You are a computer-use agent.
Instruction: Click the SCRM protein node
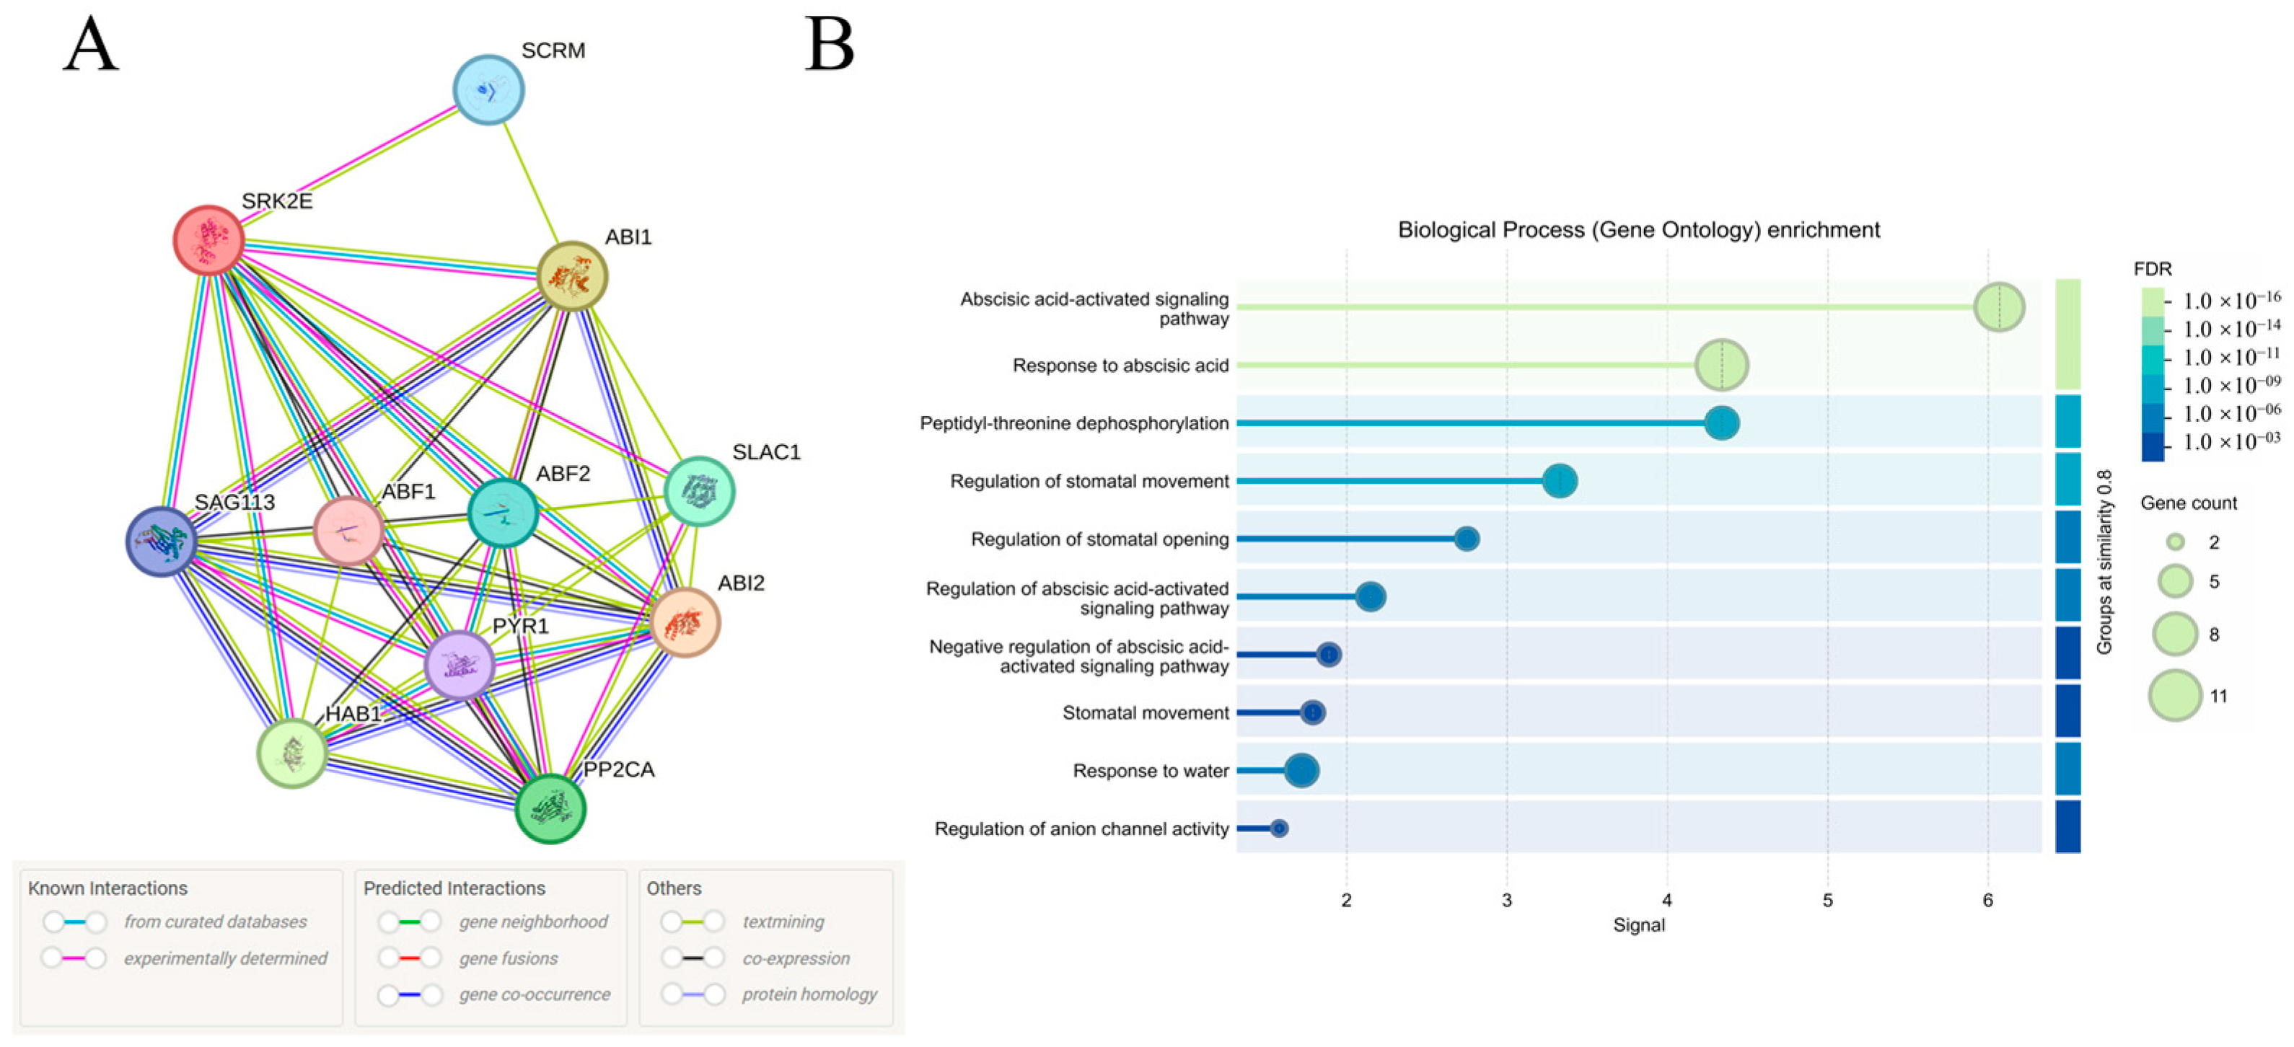488,90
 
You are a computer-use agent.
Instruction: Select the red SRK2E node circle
208,239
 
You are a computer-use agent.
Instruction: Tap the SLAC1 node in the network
700,492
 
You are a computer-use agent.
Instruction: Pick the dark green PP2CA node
550,808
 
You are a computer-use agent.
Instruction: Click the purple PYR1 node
460,665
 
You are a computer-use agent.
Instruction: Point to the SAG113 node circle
161,542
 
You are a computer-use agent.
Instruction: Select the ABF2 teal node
503,513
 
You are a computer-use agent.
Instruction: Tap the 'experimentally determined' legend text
225,958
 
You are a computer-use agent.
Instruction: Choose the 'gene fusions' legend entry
509,958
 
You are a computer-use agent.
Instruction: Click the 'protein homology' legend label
809,994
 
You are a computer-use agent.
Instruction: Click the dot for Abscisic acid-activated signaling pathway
1999,307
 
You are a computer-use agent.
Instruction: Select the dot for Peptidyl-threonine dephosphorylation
1721,423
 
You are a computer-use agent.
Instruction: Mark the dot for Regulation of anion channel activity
1279,829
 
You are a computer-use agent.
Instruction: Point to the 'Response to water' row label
1151,771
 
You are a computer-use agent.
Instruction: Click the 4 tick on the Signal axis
1667,900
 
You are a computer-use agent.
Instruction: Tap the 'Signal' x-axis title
1638,925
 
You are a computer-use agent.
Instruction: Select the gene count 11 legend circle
2175,695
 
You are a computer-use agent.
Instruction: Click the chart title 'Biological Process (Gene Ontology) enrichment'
1638,230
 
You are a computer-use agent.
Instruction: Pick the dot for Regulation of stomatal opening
1467,539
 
